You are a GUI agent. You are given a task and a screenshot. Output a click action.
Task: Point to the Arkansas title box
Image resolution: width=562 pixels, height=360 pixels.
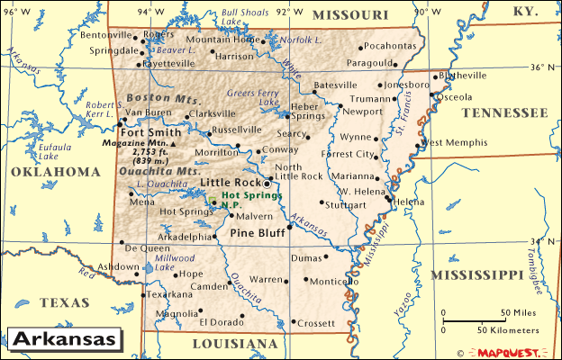[x=64, y=339]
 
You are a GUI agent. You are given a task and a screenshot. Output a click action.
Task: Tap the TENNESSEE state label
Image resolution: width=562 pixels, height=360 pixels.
[x=503, y=112]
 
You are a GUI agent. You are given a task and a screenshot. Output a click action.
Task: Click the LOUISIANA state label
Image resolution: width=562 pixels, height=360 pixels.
[x=236, y=344]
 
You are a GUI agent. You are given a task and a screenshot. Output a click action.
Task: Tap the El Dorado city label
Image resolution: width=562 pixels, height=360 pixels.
[x=221, y=321]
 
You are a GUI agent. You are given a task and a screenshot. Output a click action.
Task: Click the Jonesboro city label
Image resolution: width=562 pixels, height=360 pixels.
[x=407, y=85]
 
